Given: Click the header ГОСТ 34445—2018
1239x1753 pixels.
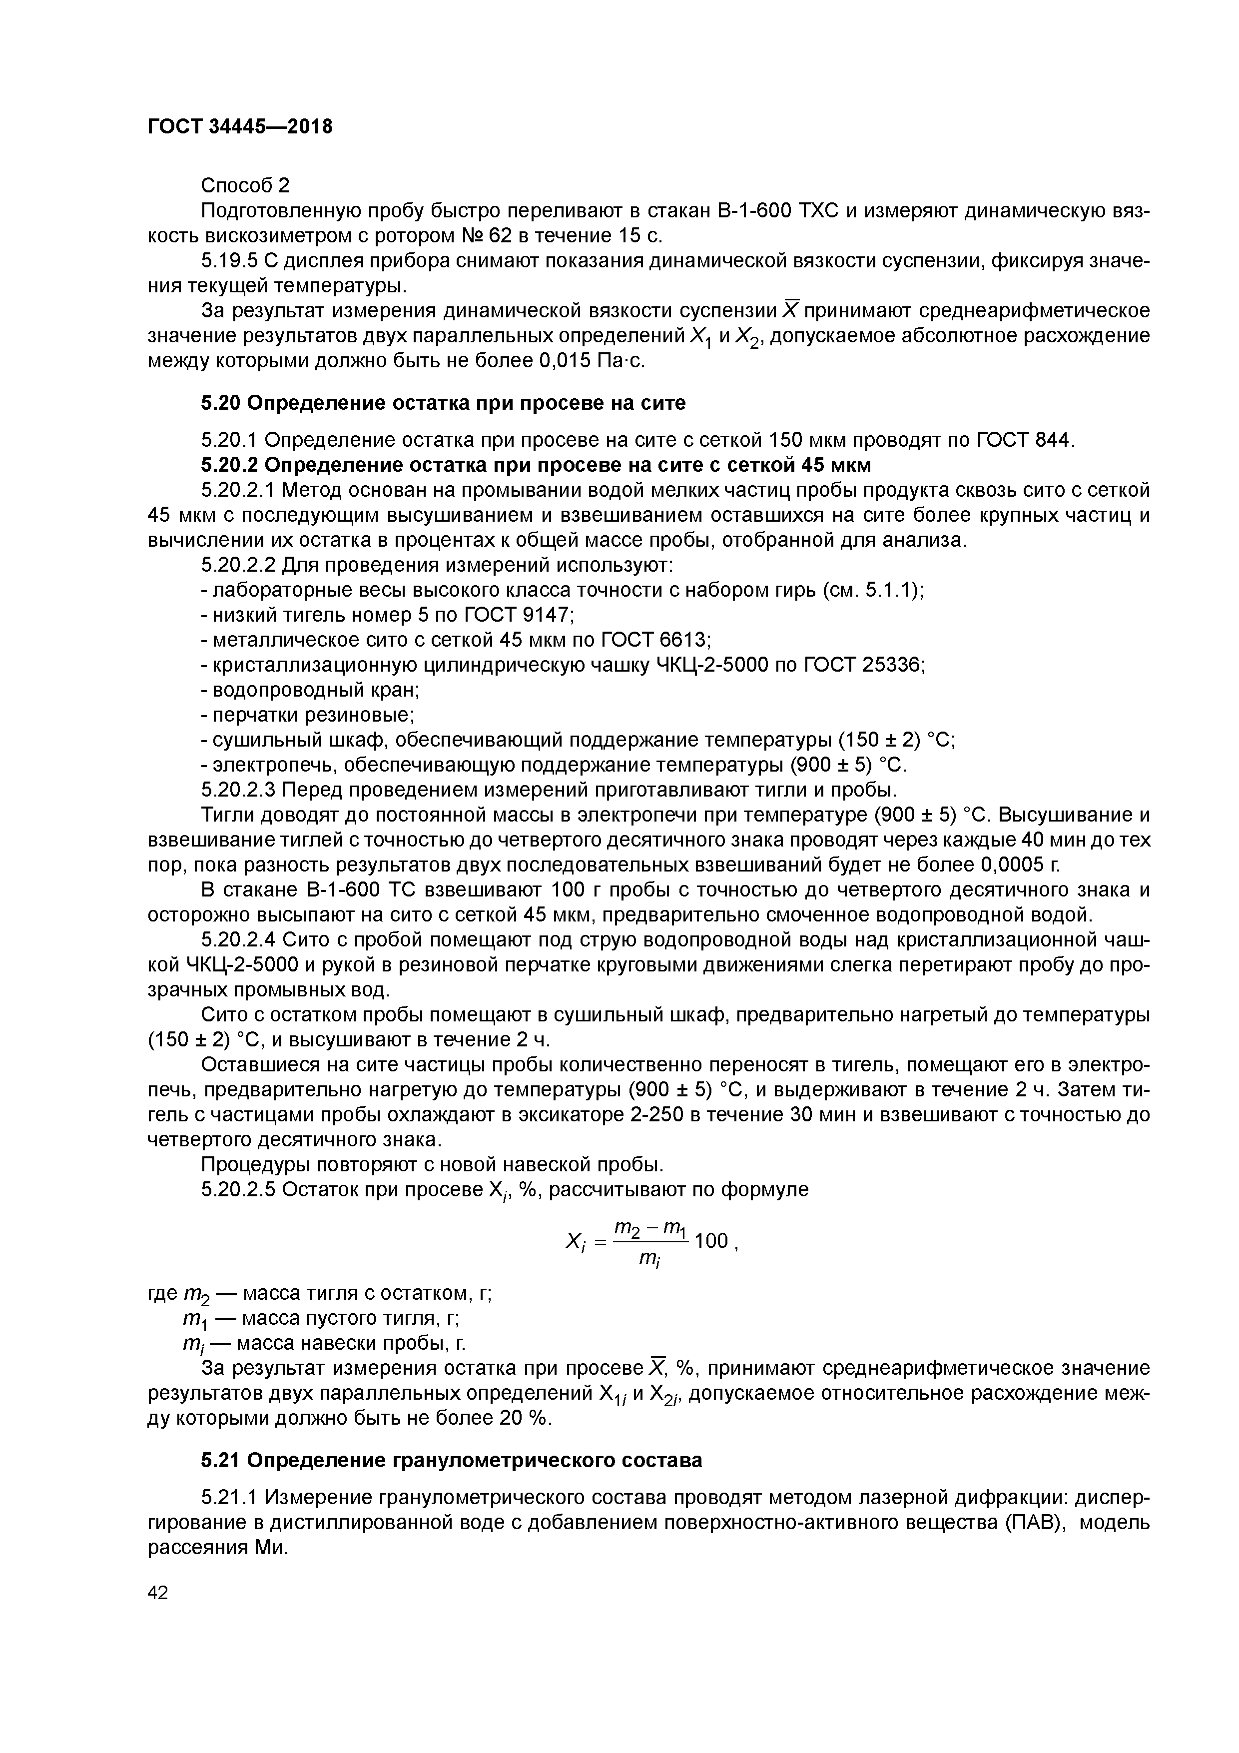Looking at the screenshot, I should tap(240, 127).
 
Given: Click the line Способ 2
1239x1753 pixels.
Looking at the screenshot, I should tap(245, 185).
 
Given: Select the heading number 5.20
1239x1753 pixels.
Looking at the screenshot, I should tap(221, 402).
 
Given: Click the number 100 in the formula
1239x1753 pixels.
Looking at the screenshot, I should tap(712, 1241).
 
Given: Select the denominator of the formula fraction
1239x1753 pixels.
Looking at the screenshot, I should tap(649, 1260).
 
